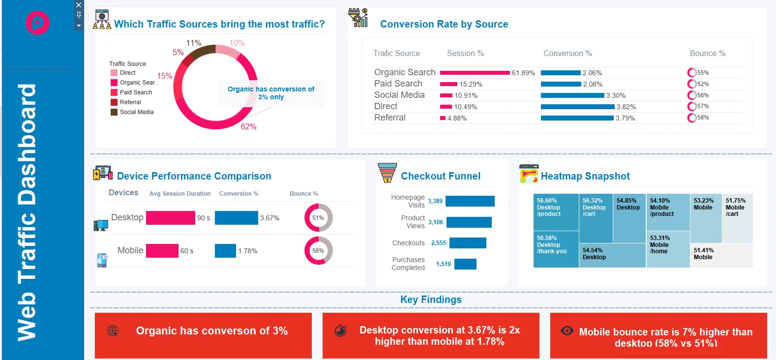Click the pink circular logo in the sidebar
point(37,23)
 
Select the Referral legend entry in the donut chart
point(130,102)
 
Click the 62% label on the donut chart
point(248,127)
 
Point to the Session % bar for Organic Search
point(475,73)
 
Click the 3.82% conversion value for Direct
point(626,107)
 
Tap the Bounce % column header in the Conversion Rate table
point(707,53)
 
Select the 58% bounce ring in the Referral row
point(692,118)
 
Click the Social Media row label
point(399,95)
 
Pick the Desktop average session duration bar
point(170,218)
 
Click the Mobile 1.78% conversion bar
point(225,251)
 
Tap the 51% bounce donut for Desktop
point(318,218)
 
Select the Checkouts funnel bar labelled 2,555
point(468,243)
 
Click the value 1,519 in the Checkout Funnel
point(443,264)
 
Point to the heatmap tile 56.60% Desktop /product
point(556,212)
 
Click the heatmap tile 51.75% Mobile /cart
point(737,218)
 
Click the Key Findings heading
point(431,300)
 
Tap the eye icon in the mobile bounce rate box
point(567,330)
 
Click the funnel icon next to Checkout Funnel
point(388,173)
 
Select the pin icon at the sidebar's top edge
point(79,15)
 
